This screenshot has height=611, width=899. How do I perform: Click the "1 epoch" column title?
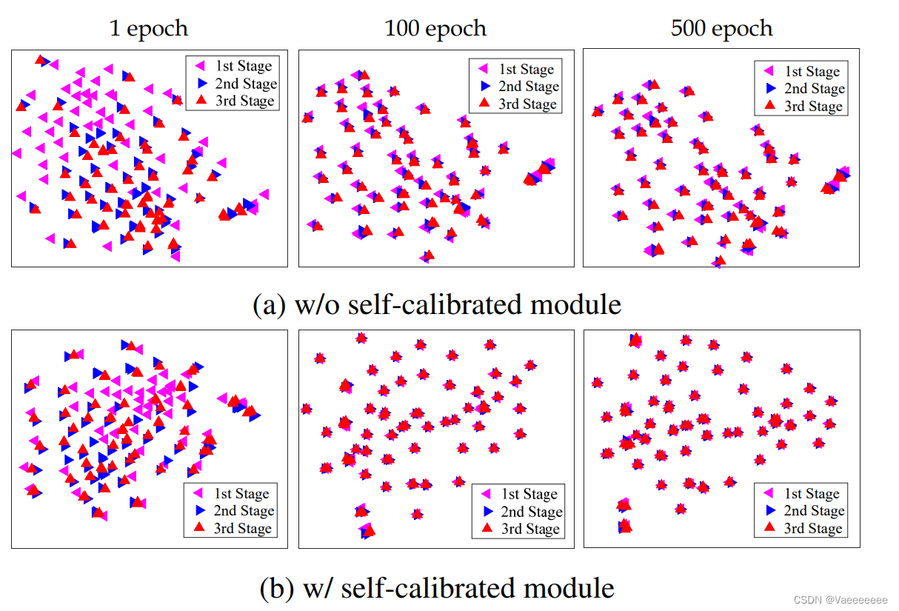(148, 29)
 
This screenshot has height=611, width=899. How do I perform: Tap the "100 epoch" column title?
(435, 29)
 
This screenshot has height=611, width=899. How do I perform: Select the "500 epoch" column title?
(721, 29)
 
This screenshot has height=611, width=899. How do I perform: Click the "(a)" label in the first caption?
(268, 305)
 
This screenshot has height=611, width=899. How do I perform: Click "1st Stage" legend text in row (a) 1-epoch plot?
(244, 67)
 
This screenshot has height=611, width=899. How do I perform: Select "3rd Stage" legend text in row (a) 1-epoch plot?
(244, 101)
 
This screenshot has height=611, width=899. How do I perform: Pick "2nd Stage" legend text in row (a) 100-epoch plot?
(529, 87)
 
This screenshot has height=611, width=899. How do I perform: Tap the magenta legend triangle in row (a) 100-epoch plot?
(486, 70)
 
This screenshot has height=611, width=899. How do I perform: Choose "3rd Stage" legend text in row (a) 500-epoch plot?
(813, 106)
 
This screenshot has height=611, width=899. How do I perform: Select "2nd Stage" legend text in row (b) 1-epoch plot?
(244, 511)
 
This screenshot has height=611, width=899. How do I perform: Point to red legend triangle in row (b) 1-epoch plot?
(198, 527)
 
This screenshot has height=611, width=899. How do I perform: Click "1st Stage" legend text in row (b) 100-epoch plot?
(529, 494)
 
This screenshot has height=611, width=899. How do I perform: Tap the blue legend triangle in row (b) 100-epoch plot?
(487, 511)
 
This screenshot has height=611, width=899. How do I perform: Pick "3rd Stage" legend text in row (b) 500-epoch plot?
(813, 528)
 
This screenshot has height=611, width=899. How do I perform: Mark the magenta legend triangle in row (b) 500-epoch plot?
(769, 493)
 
